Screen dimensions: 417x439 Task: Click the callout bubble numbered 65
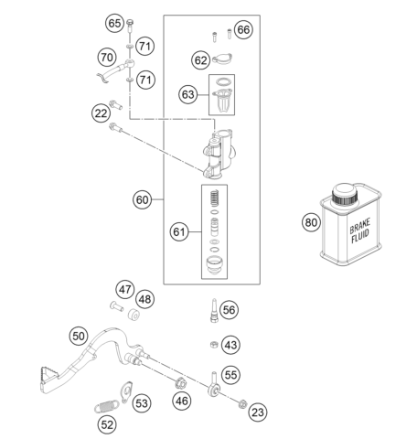point(114,23)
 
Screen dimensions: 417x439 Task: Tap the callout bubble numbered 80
point(311,222)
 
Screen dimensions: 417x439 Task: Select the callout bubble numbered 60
point(142,199)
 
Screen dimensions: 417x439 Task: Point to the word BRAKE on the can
point(359,226)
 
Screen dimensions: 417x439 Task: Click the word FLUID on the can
point(360,236)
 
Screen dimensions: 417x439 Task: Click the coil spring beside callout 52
point(106,406)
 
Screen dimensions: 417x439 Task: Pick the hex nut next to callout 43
point(214,345)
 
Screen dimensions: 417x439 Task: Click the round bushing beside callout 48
point(134,315)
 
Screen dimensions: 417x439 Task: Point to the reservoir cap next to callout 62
point(222,59)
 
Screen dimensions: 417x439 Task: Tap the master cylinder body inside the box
point(219,154)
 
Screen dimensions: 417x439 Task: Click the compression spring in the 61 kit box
point(214,198)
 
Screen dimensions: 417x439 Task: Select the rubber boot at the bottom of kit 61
point(214,265)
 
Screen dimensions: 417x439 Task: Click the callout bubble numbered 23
point(258,412)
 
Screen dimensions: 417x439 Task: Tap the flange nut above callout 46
point(181,383)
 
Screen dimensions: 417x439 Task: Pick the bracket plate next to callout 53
point(126,392)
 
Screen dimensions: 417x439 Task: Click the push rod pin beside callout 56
point(214,309)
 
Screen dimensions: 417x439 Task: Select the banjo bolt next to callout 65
point(130,26)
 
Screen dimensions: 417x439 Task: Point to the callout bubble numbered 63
point(187,94)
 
